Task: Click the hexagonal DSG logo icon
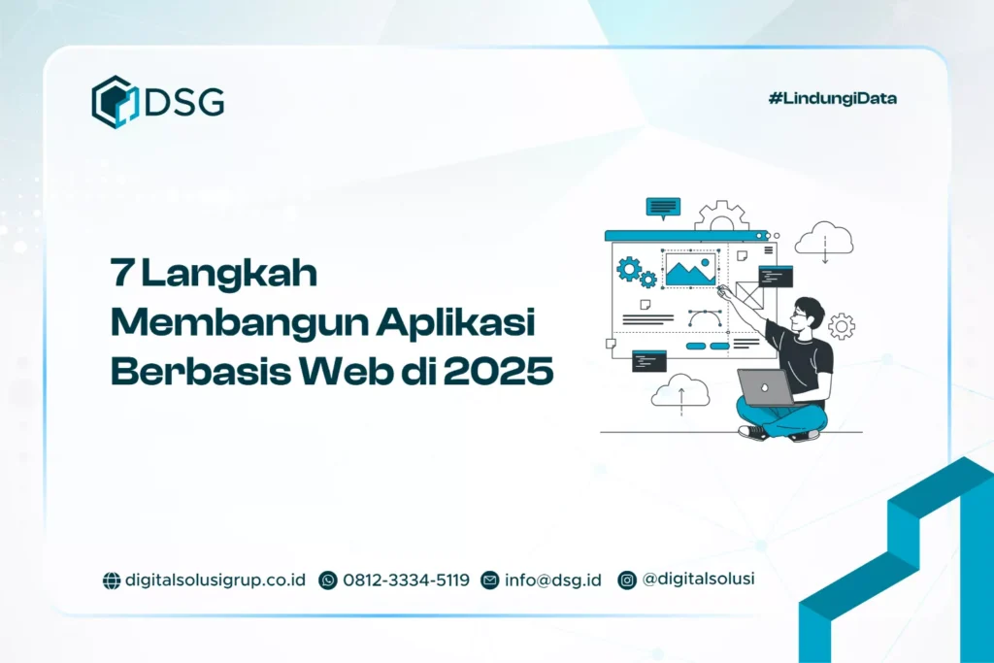point(116,101)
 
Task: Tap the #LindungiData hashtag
point(832,98)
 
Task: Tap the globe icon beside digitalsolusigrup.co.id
point(112,580)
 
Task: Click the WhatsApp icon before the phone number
point(328,580)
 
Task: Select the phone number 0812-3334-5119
point(406,580)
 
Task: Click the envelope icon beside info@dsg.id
point(490,580)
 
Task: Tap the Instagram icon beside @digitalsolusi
point(628,580)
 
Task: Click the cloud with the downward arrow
point(823,239)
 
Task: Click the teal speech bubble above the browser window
point(663,207)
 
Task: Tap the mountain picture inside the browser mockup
point(690,269)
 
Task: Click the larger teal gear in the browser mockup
point(630,268)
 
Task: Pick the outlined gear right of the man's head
point(841,325)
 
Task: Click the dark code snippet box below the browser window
point(647,361)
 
